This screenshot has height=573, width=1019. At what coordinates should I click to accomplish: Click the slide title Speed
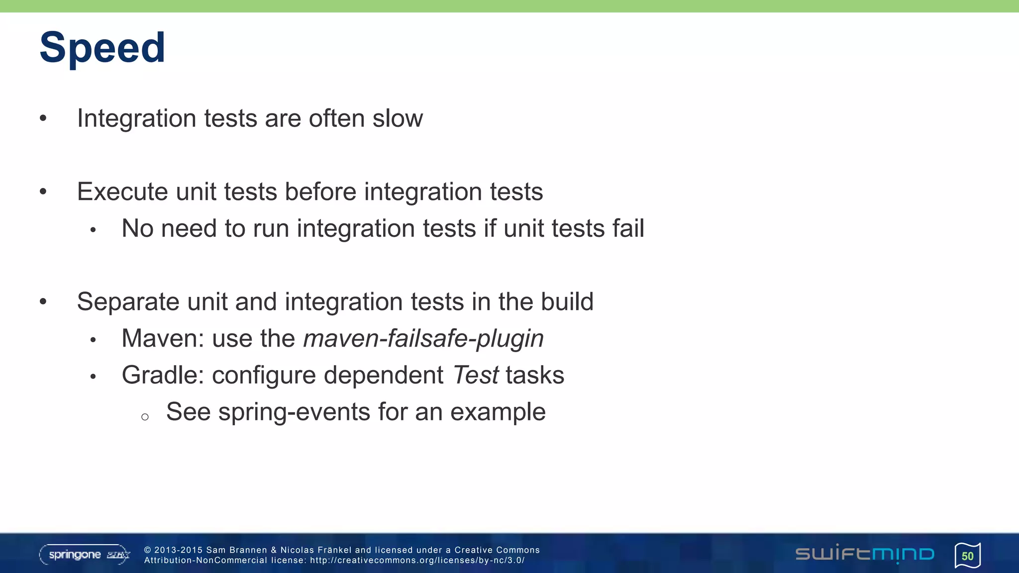pyautogui.click(x=102, y=48)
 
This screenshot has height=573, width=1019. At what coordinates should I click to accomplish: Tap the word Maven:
pyautogui.click(x=163, y=339)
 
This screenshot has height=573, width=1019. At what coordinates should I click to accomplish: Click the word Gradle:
pyautogui.click(x=163, y=376)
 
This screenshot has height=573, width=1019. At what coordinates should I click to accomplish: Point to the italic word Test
pyautogui.click(x=476, y=376)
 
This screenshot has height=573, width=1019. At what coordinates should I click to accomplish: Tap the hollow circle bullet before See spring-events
pyautogui.click(x=145, y=417)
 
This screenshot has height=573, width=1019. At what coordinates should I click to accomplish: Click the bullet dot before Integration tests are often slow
pyautogui.click(x=43, y=118)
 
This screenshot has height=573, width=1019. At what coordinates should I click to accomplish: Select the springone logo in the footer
pyautogui.click(x=84, y=555)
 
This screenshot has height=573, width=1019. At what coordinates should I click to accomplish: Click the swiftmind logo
pyautogui.click(x=864, y=554)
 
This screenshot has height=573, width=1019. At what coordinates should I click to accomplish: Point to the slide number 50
pyautogui.click(x=967, y=556)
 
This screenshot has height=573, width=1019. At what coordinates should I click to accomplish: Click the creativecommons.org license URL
pyautogui.click(x=417, y=561)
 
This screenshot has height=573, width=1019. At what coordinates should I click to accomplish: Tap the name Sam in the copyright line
pyautogui.click(x=216, y=550)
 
